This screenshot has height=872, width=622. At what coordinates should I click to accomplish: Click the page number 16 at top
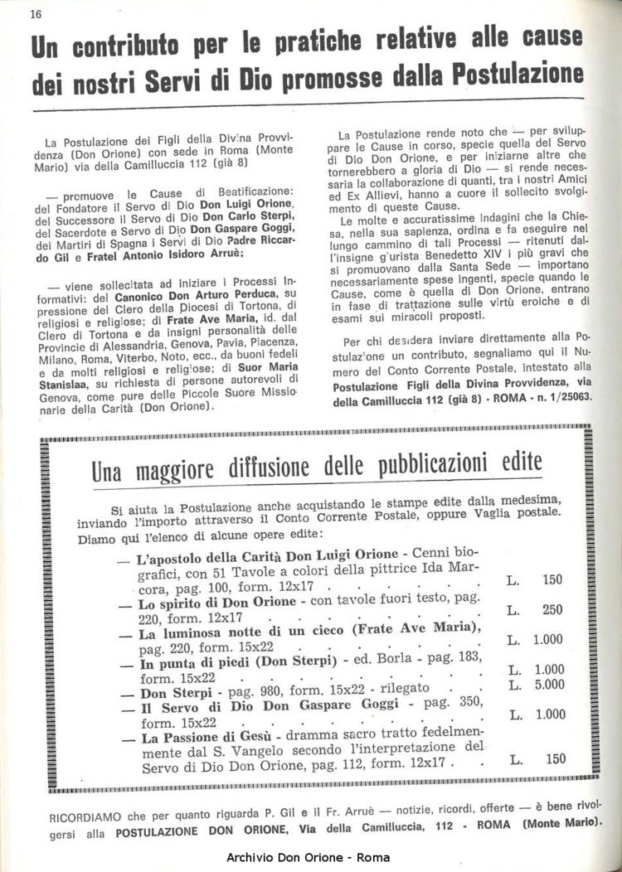[14, 13]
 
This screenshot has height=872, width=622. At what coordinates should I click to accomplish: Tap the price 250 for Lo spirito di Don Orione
[552, 609]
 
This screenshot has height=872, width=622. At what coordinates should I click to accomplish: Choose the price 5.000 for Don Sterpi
[547, 685]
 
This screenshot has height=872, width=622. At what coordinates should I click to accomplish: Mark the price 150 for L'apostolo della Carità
[552, 579]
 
